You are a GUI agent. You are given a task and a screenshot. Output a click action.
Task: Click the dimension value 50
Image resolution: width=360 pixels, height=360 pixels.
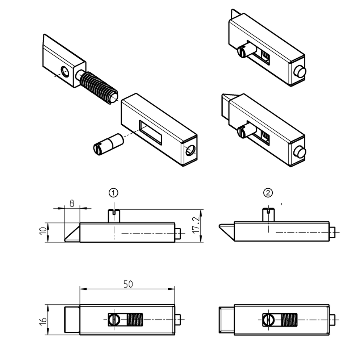tap(127, 284)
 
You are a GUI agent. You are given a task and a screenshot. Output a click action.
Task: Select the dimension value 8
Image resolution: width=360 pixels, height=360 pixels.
tap(72, 203)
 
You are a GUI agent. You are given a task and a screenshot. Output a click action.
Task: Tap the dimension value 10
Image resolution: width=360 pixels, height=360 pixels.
tap(43, 232)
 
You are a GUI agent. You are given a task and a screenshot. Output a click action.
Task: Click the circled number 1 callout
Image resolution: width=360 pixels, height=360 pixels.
tap(114, 193)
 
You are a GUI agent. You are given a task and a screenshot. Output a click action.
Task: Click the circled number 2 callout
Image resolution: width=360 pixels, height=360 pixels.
tap(268, 193)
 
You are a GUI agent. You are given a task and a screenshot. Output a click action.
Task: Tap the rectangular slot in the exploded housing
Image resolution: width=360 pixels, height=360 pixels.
tap(151, 133)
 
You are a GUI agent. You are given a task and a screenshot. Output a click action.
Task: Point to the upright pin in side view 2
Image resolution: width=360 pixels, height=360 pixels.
tap(268, 215)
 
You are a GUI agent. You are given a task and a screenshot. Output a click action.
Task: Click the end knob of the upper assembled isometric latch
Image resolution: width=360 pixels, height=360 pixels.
tap(299, 71)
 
